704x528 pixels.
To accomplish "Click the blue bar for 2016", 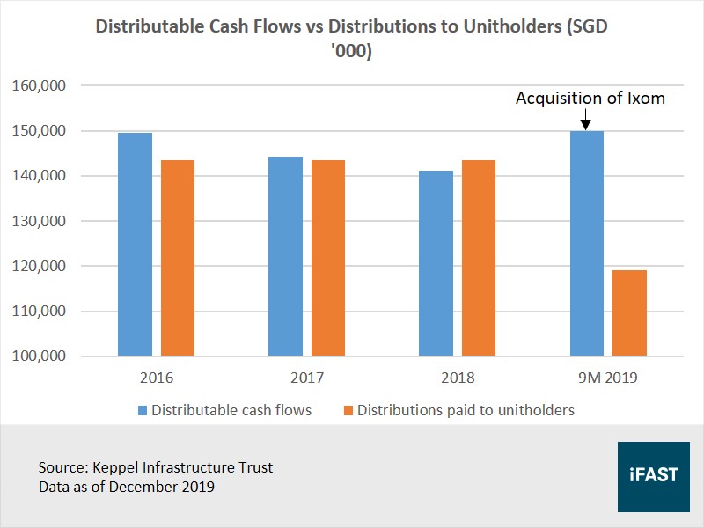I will (135, 245).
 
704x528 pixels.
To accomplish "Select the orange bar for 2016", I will (177, 258).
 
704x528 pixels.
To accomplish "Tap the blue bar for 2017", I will (285, 256).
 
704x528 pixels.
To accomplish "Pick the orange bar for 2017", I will (327, 258).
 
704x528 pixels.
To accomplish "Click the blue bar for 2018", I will (436, 263).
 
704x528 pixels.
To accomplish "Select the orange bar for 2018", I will (478, 258).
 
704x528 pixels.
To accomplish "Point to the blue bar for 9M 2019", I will (587, 244).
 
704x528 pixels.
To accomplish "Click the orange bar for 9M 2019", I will (629, 312).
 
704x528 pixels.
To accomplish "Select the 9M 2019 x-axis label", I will (608, 378).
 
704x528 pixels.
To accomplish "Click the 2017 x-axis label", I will (306, 378).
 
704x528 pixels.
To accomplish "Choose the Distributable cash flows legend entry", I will (224, 410).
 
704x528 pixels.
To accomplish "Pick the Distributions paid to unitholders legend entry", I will (458, 410).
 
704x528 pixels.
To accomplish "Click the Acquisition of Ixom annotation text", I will (590, 98).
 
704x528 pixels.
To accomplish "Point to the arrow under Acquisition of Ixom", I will (587, 121).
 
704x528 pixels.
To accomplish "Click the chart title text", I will (351, 40).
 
